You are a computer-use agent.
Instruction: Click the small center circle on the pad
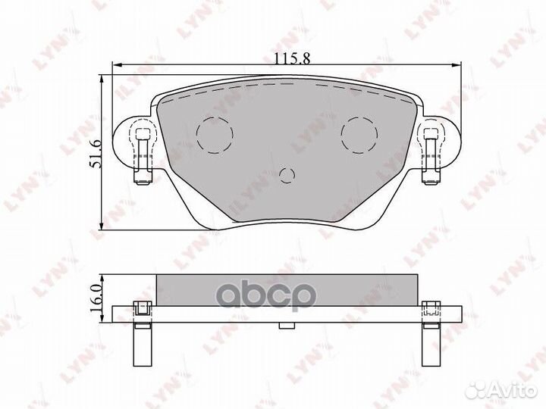[x=287, y=176]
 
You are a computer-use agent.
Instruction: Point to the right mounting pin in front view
[x=431, y=155]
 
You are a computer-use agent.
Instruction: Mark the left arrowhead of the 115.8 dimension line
[x=116, y=65]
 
